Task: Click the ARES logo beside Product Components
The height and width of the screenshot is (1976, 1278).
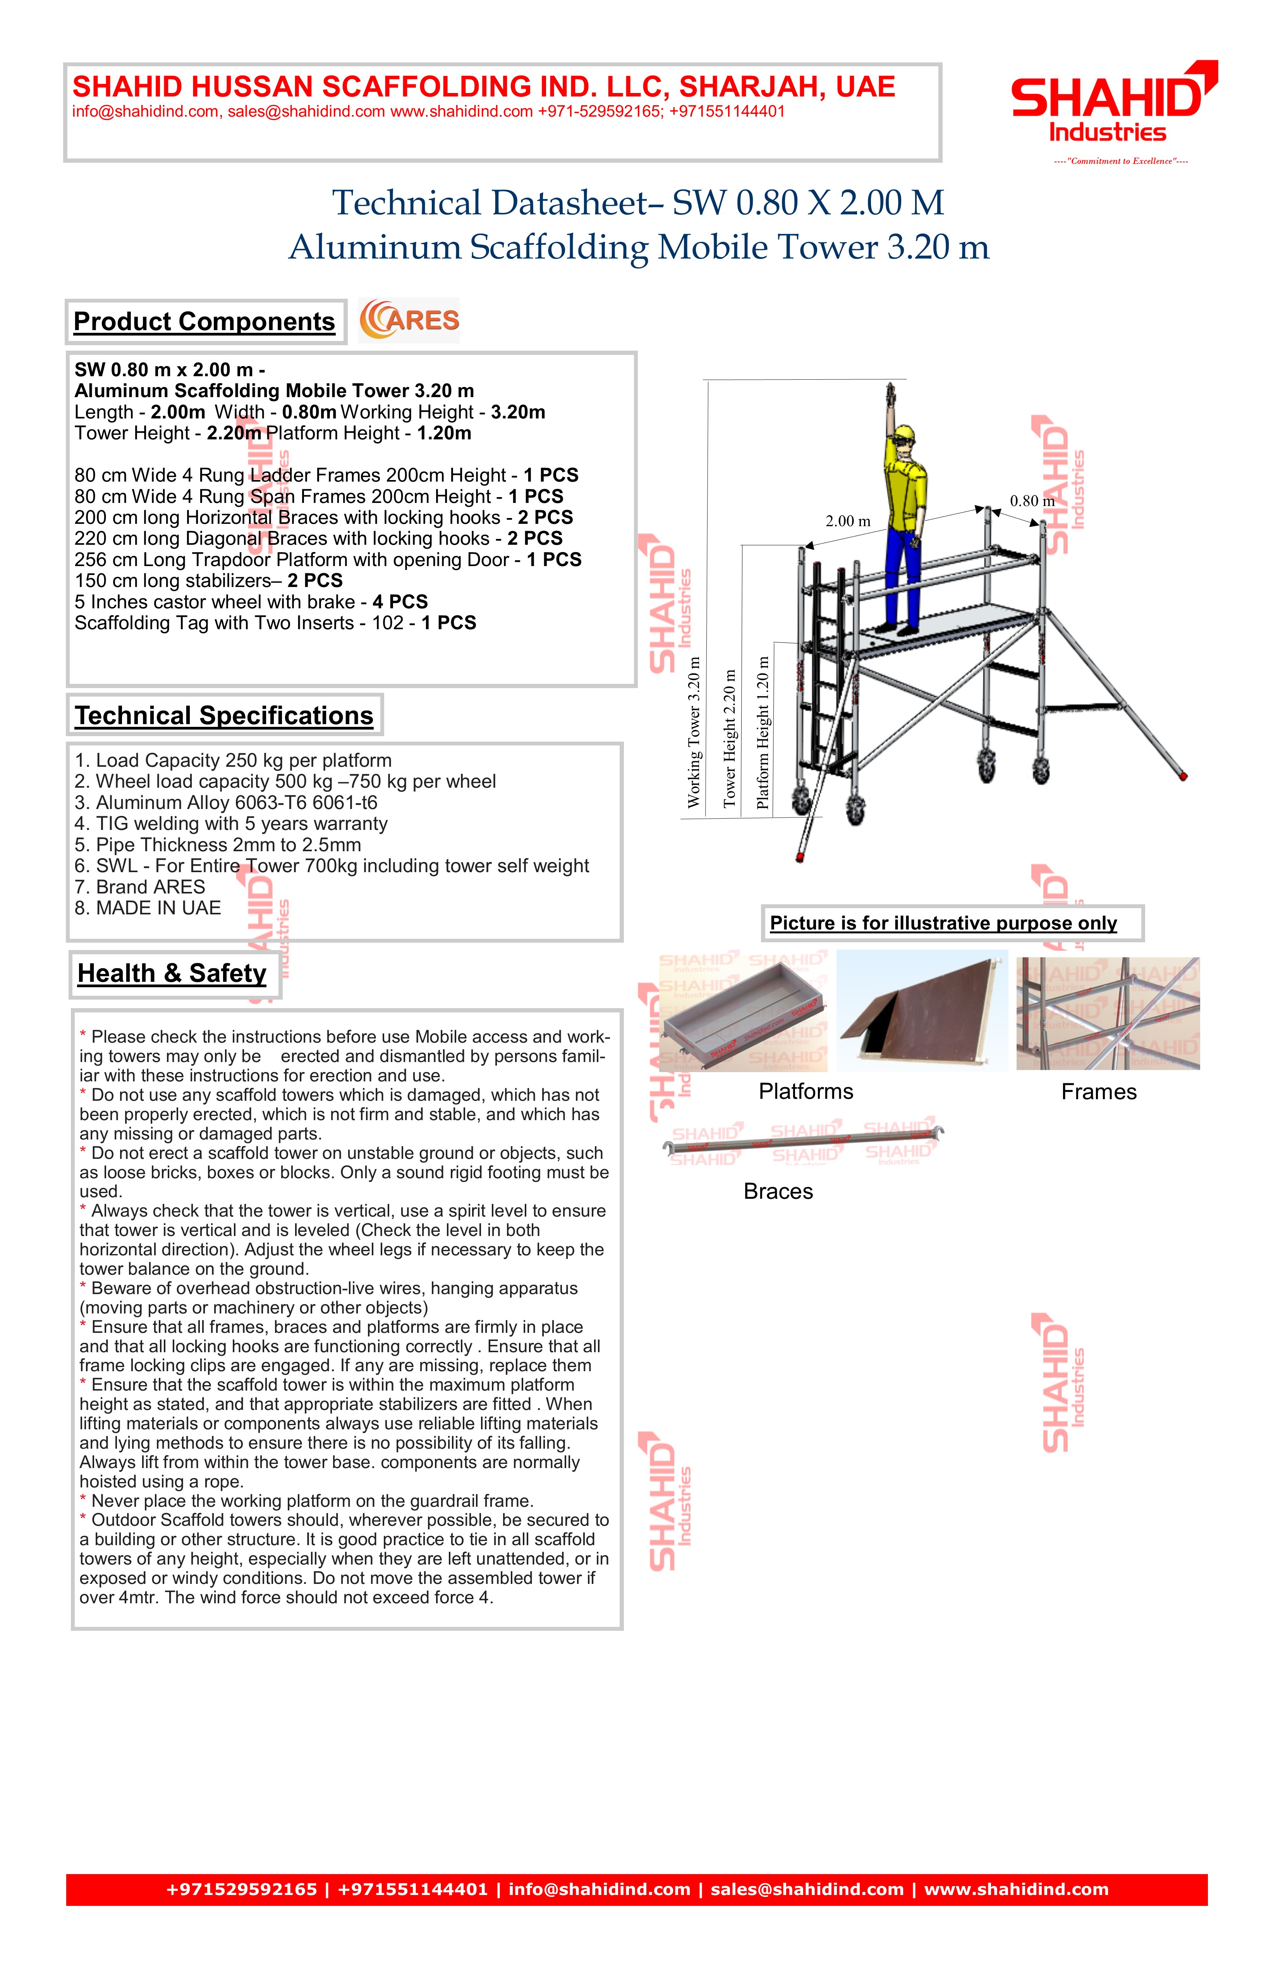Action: (x=409, y=320)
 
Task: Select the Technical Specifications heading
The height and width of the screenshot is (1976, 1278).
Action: (x=224, y=716)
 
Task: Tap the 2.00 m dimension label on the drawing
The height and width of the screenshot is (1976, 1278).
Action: (x=847, y=522)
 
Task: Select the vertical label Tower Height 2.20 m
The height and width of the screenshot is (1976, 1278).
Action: (x=730, y=739)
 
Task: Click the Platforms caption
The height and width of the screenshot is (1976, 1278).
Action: (x=806, y=1092)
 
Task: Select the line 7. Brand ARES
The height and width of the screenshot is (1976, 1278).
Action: (x=139, y=887)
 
